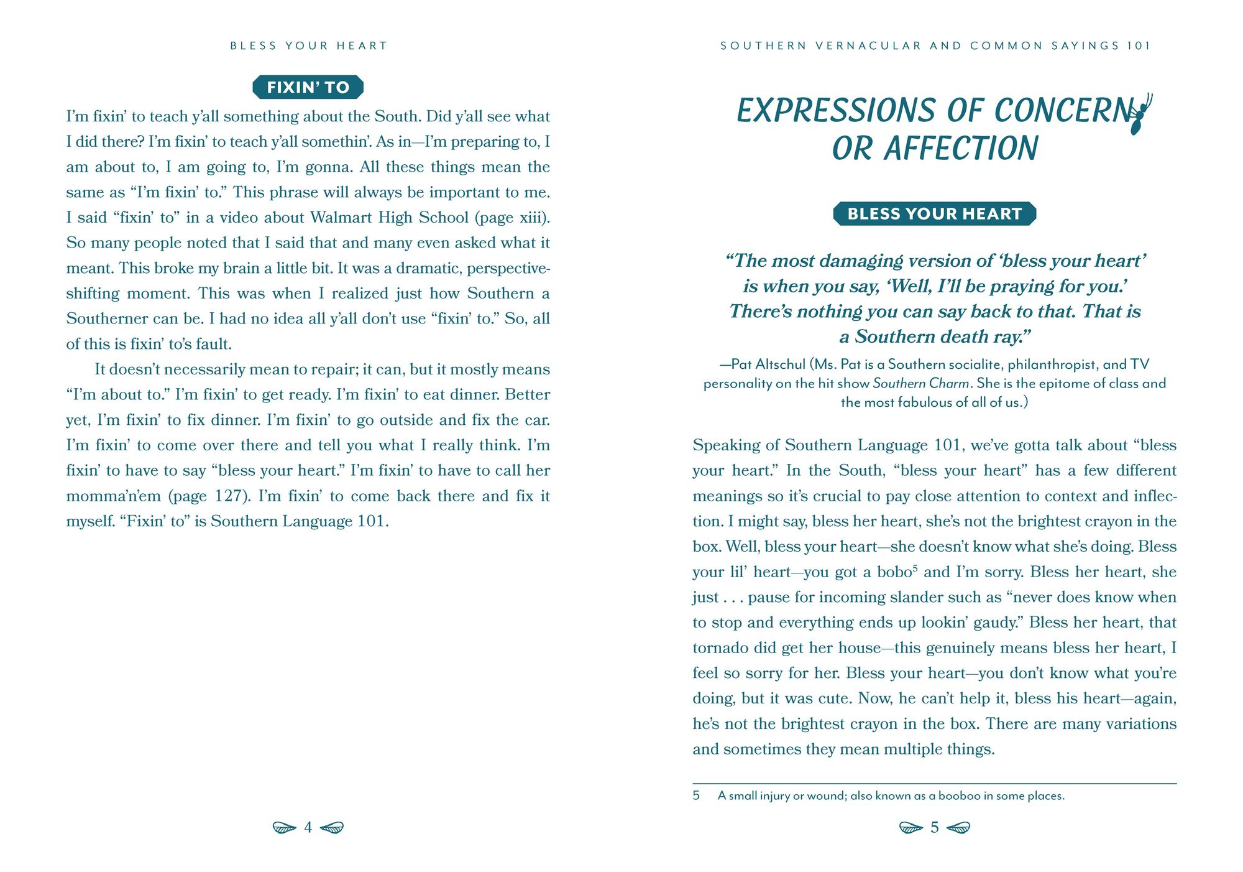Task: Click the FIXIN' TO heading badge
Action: click(x=308, y=87)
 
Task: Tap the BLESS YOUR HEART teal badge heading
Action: click(x=934, y=214)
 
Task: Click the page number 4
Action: click(x=308, y=827)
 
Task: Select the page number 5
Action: click(x=934, y=827)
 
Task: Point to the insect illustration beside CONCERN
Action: click(x=1140, y=115)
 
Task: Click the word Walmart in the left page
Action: click(x=337, y=218)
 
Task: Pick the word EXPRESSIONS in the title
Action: click(x=835, y=111)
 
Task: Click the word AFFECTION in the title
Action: click(x=961, y=149)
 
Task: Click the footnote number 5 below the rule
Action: click(x=696, y=795)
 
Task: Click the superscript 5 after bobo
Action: click(x=915, y=568)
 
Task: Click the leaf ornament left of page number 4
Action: click(x=284, y=828)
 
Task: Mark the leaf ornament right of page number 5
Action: click(x=959, y=828)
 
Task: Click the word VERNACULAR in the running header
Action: click(x=868, y=46)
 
